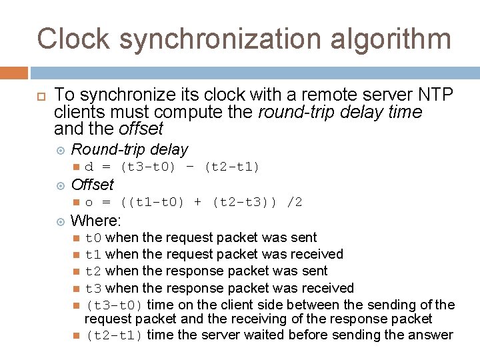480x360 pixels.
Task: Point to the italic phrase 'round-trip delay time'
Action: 340,111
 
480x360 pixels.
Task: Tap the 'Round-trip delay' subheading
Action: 129,150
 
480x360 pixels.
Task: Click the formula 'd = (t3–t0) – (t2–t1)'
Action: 172,167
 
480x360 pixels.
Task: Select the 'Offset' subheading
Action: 92,184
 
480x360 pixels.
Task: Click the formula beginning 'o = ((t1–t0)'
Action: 193,201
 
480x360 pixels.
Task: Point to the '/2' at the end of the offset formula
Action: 294,201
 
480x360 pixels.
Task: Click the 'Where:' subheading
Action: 95,219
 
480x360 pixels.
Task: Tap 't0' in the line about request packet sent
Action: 93,237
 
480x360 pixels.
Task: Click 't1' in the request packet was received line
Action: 93,254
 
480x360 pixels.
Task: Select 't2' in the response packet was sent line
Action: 93,271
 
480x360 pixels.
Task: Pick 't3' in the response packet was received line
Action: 93,288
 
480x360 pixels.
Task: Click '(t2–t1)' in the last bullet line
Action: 114,335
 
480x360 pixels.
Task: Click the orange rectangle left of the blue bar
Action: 14,73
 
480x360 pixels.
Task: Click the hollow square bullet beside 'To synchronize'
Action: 41,96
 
